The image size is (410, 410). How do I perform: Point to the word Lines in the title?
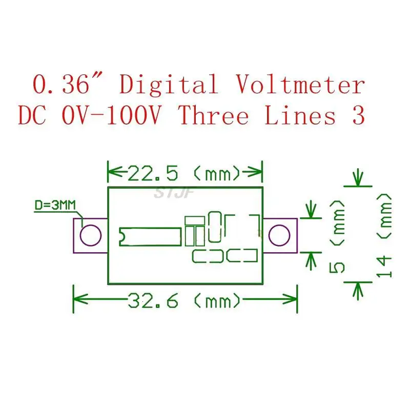click(x=300, y=116)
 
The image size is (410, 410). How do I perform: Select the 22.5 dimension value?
click(x=153, y=174)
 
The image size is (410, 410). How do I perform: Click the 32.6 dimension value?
click(x=153, y=301)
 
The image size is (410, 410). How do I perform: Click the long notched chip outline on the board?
click(x=150, y=235)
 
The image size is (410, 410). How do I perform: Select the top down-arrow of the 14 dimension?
click(x=358, y=178)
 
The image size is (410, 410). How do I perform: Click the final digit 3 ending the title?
click(x=358, y=116)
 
